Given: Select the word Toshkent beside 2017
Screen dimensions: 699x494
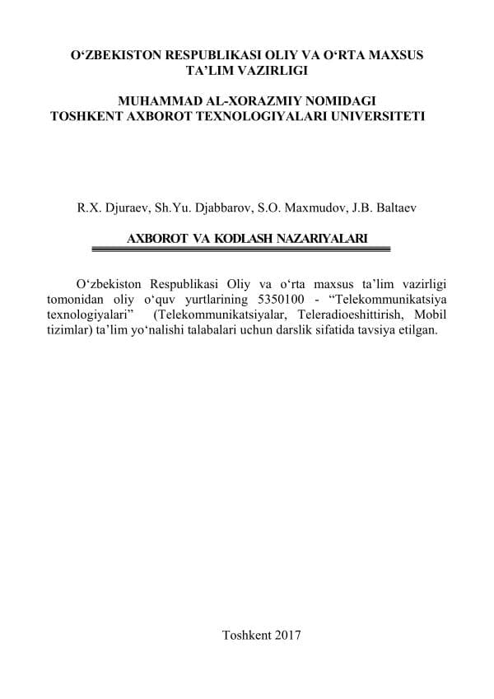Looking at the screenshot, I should (245, 635).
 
